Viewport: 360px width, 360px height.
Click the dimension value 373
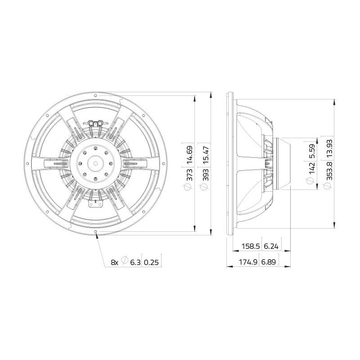tap(190, 175)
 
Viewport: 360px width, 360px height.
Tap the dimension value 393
tap(206, 175)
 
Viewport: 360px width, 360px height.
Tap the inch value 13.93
tap(330, 148)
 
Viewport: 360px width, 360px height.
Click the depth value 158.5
tap(251, 246)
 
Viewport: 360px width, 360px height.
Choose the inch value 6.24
tap(271, 246)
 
